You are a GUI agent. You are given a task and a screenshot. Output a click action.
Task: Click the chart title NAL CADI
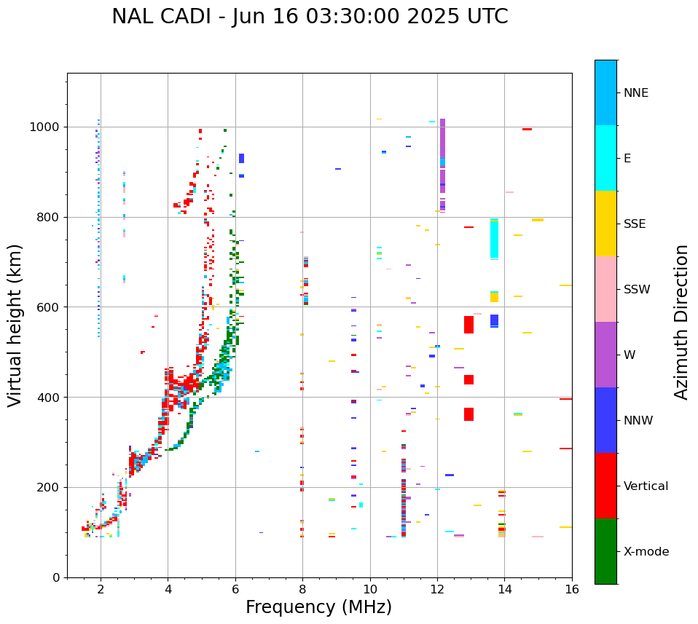pyautogui.click(x=310, y=17)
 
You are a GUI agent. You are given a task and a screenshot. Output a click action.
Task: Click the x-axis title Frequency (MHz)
pyautogui.click(x=318, y=607)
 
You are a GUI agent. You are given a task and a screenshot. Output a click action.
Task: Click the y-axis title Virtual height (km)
pyautogui.click(x=15, y=325)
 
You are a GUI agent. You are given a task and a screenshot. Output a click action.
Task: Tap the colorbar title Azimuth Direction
pyautogui.click(x=681, y=321)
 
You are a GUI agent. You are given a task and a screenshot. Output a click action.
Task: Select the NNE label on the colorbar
pyautogui.click(x=635, y=93)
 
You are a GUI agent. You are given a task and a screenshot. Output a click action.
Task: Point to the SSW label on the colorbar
pyautogui.click(x=636, y=289)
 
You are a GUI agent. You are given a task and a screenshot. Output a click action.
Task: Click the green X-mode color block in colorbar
pyautogui.click(x=605, y=551)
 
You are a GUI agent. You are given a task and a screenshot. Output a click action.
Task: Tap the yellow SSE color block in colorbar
pyautogui.click(x=605, y=224)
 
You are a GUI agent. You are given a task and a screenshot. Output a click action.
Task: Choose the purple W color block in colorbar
pyautogui.click(x=605, y=355)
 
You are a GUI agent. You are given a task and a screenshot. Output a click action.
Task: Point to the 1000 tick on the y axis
pyautogui.click(x=48, y=127)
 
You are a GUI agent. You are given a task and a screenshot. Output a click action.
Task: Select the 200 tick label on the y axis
pyautogui.click(x=51, y=487)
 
